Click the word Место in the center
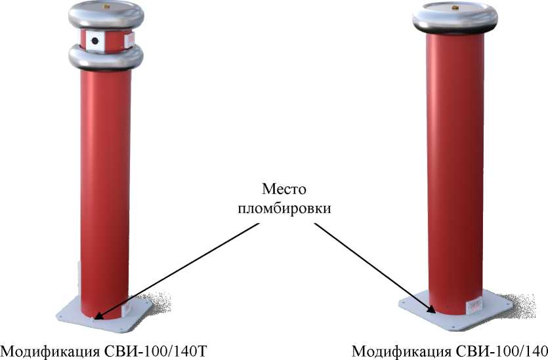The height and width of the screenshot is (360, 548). pyautogui.click(x=284, y=189)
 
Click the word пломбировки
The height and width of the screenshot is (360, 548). pyautogui.click(x=284, y=209)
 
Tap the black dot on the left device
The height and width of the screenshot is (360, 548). pyautogui.click(x=95, y=41)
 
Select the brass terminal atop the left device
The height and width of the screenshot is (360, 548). pyautogui.click(x=105, y=7)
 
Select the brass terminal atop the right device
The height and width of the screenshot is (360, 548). pyautogui.click(x=455, y=7)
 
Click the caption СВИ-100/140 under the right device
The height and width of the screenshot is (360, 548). pyautogui.click(x=502, y=351)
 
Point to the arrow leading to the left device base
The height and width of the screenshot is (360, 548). pyautogui.click(x=177, y=271)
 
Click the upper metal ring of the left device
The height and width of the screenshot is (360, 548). pyautogui.click(x=106, y=15)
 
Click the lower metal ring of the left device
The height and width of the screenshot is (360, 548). pyautogui.click(x=106, y=57)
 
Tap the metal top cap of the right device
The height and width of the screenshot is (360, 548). pyautogui.click(x=455, y=18)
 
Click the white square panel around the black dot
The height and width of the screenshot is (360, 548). pyautogui.click(x=95, y=41)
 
